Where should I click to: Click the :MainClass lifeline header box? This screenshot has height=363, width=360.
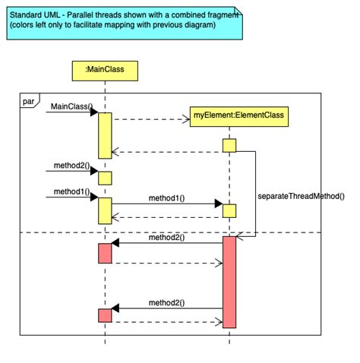[105, 71]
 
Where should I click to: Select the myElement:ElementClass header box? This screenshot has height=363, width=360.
[228, 115]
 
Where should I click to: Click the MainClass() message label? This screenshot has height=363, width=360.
[69, 106]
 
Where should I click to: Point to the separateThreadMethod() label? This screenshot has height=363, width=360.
[301, 195]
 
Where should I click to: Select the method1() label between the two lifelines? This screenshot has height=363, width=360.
[166, 197]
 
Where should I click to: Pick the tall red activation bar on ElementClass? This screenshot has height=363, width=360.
[229, 282]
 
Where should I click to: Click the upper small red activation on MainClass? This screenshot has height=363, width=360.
[105, 253]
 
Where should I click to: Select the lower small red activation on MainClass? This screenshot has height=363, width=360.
[105, 315]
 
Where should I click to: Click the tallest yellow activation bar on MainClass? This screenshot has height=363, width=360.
[105, 135]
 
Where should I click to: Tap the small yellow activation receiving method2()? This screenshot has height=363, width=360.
[105, 178]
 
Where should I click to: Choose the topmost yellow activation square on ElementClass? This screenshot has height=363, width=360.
[229, 145]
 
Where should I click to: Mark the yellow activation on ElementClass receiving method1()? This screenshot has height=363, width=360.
[229, 210]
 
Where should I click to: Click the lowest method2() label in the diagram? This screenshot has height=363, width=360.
[166, 301]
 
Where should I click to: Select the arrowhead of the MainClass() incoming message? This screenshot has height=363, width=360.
[94, 112]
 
